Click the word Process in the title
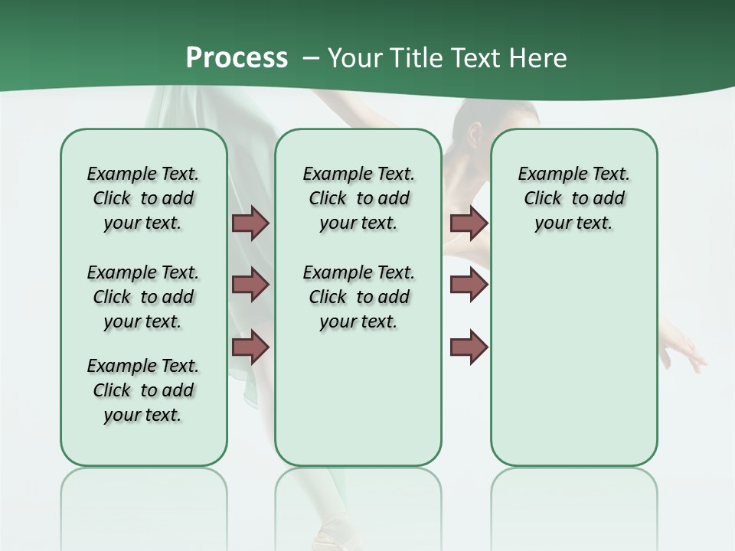(237, 57)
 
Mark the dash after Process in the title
(311, 59)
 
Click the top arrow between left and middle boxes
(250, 223)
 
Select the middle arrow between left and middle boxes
(250, 285)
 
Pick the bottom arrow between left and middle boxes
(250, 347)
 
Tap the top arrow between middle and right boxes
(469, 223)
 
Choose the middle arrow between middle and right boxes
(469, 285)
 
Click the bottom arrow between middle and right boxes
(469, 347)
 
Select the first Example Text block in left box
(143, 198)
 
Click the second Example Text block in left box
(143, 297)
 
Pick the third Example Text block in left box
(143, 390)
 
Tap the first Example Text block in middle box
(358, 198)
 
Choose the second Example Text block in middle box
(358, 297)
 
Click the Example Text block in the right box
(573, 198)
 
